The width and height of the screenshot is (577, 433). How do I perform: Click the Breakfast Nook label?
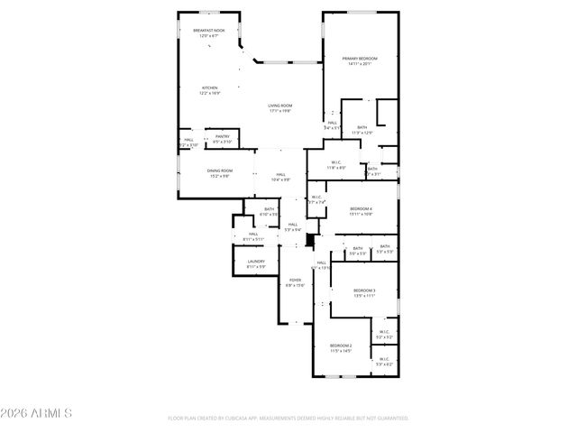(x=209, y=31)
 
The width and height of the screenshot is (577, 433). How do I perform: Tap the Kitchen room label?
(x=209, y=88)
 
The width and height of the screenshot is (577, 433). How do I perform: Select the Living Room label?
(x=279, y=106)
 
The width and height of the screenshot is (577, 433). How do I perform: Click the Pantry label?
(x=222, y=136)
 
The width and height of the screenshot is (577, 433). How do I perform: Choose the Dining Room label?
(x=221, y=170)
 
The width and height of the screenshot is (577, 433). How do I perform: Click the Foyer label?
(x=295, y=280)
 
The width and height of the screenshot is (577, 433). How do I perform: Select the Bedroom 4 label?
(x=361, y=208)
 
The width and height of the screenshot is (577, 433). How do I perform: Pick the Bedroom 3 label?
(x=364, y=290)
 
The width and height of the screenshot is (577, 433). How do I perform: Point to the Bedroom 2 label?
(x=340, y=345)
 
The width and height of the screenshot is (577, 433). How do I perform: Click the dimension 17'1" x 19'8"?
(x=279, y=111)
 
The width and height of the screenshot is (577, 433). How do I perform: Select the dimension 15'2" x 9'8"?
(x=221, y=176)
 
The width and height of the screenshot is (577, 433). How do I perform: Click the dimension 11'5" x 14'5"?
(x=340, y=351)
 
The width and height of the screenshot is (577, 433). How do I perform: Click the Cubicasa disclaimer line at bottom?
(x=288, y=418)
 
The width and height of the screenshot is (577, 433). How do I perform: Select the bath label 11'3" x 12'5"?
(x=361, y=133)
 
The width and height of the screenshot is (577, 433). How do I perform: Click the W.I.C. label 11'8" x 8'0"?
(x=335, y=167)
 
